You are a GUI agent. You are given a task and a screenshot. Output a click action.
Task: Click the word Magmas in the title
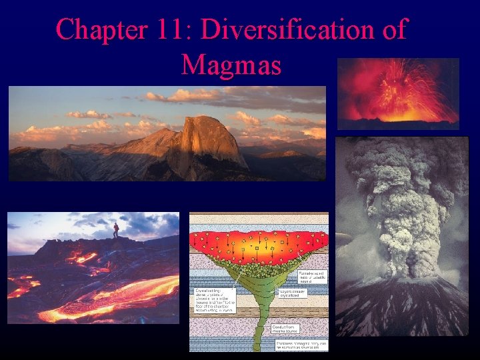[x=231, y=64]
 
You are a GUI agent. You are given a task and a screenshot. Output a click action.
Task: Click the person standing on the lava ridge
[x=116, y=230]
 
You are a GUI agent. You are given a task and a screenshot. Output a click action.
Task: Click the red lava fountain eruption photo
[x=398, y=93]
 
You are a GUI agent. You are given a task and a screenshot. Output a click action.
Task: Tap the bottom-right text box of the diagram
[x=301, y=344]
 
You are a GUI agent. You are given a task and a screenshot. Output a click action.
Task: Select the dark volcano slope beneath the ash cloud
[x=400, y=313]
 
